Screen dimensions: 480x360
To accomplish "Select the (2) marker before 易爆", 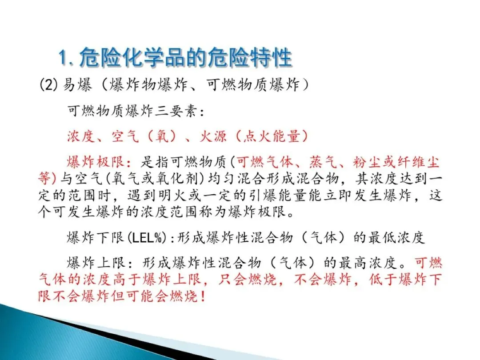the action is [49, 84].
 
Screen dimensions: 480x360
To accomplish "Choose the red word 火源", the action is [213, 136].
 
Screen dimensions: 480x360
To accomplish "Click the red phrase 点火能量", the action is [271, 136].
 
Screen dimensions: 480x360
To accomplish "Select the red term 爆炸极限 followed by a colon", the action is [96, 162].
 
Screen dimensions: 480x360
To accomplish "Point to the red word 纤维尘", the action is [419, 162].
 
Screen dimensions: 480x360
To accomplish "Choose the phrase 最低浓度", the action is [396, 238].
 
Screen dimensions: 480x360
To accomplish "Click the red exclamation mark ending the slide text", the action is [203, 296].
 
